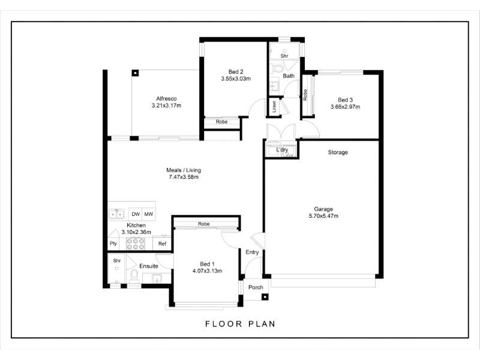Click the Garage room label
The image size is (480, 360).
pos(323,209)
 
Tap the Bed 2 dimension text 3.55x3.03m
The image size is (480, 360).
pos(236,79)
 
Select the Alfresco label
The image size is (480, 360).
pos(166,98)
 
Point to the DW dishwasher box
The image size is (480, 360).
pos(136,214)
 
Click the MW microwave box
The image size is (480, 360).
pos(149,214)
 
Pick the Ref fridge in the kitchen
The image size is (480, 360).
pos(162,244)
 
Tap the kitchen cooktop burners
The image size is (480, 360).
pos(136,244)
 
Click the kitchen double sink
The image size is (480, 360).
pos(116,214)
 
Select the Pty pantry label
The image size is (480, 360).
pos(113,244)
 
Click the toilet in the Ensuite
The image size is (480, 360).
pos(134,277)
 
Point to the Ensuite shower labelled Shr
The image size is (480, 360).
pos(116,268)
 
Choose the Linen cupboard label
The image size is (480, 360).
pos(274,107)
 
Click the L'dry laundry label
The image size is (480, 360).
pos(282,149)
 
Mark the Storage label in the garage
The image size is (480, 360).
pos(338,152)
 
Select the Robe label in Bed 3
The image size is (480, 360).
pos(305,95)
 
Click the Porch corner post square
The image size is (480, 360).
pos(265,296)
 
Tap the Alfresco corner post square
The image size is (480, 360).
pos(135,73)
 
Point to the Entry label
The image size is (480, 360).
pos(252,252)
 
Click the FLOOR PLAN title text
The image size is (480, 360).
pos(241,324)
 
